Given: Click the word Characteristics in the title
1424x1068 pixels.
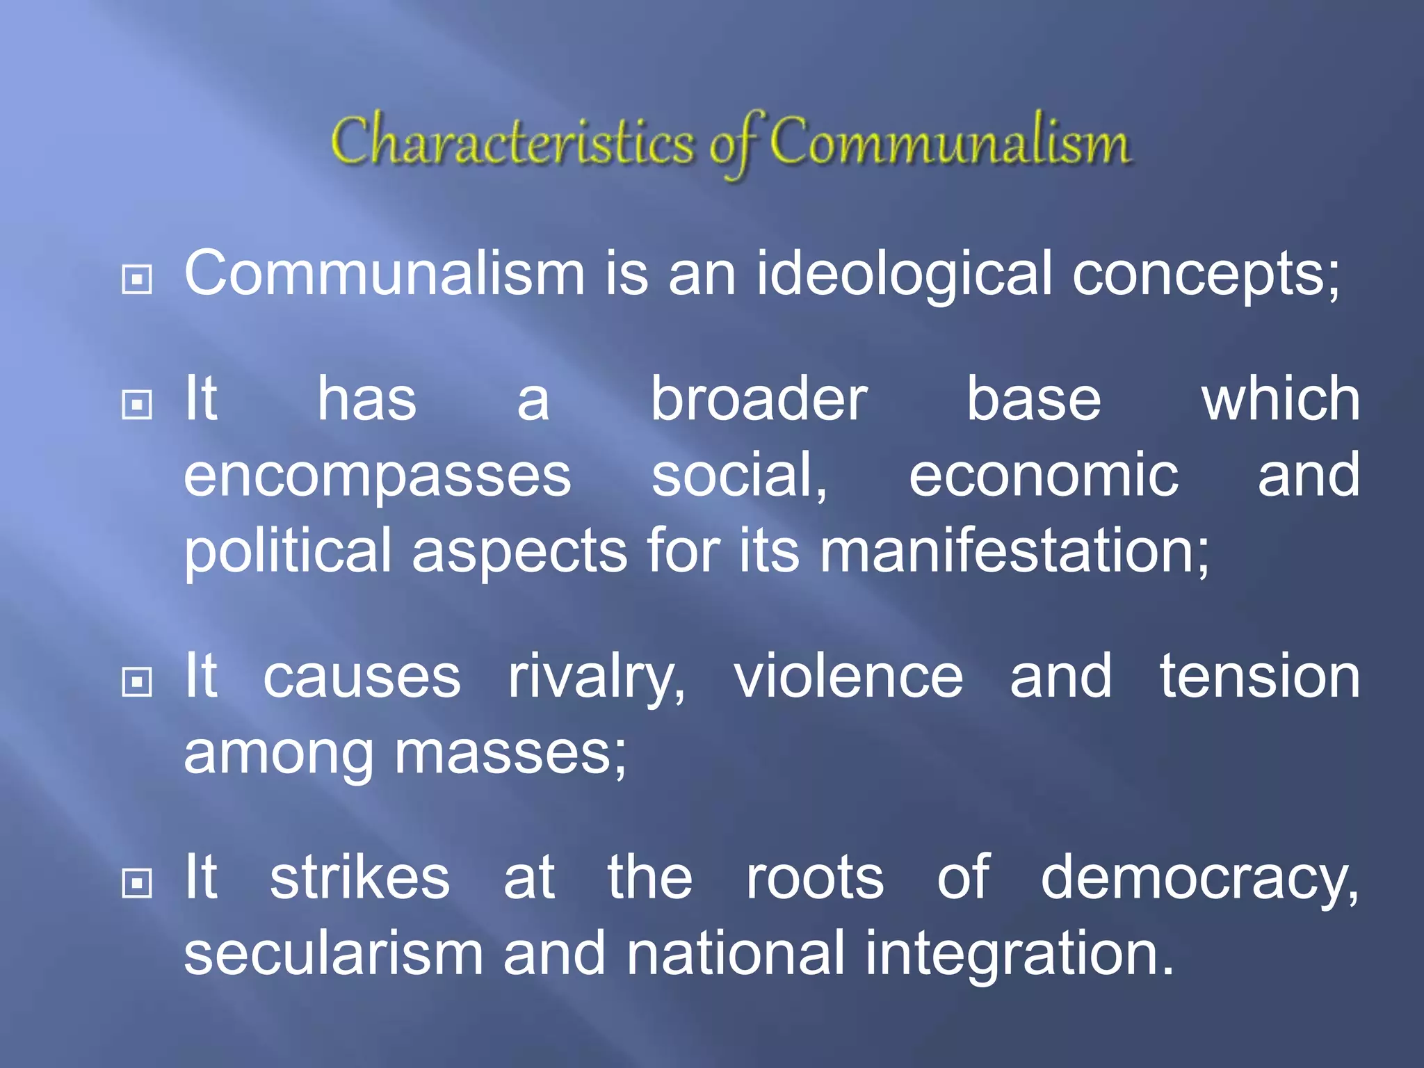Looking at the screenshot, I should point(513,143).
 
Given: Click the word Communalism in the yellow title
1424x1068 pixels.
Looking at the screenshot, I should point(950,143).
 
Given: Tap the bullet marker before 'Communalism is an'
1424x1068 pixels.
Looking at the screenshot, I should point(137,280).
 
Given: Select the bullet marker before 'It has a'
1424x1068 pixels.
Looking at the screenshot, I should point(137,404).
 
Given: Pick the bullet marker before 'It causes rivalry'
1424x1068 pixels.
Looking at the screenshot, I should point(137,682).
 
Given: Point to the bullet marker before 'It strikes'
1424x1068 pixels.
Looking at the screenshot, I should point(137,883).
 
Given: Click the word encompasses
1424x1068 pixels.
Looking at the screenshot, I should point(378,476).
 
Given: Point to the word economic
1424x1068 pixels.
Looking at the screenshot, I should point(1044,475).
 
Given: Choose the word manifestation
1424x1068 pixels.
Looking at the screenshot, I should point(1014,551).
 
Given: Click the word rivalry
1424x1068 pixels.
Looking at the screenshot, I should point(597,678).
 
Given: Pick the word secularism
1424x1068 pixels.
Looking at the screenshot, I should point(334,953).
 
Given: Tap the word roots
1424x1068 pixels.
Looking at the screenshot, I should point(814,878).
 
